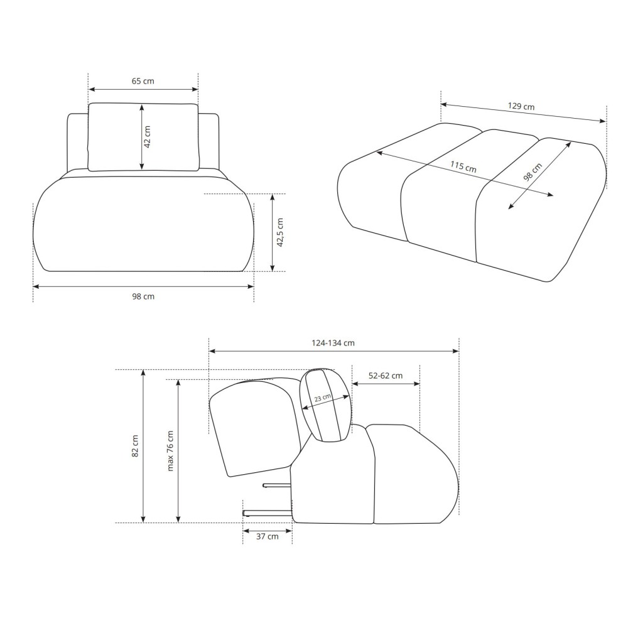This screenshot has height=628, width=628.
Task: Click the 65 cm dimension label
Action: click(143, 81)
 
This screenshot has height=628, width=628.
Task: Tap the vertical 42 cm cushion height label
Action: click(148, 136)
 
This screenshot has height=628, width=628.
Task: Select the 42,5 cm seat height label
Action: click(279, 232)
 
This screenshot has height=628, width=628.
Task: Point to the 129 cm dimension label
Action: click(521, 106)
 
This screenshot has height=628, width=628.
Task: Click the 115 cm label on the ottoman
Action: click(463, 166)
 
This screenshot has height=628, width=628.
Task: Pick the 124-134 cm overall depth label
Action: click(333, 343)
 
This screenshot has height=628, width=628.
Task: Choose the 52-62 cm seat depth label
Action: click(386, 376)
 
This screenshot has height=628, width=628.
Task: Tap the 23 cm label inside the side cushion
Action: click(322, 398)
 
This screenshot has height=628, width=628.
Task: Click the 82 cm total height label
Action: click(135, 446)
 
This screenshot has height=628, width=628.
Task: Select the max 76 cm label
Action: click(170, 451)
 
